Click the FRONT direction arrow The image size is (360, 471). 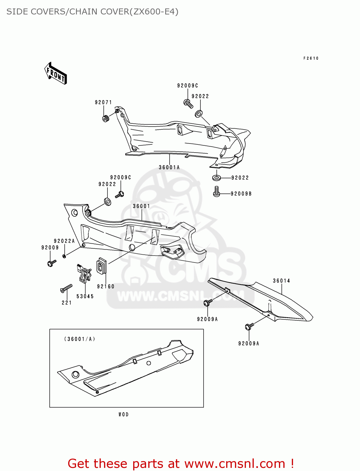(x=56, y=73)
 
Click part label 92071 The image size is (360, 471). (x=103, y=102)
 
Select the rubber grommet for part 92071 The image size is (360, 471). (x=106, y=119)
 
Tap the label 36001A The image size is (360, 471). (x=169, y=167)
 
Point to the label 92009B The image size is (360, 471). (x=241, y=194)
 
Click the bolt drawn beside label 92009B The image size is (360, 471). (x=216, y=192)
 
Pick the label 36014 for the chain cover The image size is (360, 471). (x=281, y=281)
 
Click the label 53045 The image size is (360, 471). (x=85, y=296)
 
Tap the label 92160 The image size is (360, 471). (x=106, y=286)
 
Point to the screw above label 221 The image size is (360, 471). (x=66, y=288)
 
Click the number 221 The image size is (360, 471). (x=67, y=303)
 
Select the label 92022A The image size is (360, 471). (x=64, y=241)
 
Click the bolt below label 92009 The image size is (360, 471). (x=52, y=263)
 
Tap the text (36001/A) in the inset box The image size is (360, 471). (x=80, y=339)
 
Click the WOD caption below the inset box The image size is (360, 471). (x=124, y=414)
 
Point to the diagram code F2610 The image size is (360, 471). (x=311, y=58)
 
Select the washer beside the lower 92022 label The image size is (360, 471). (x=216, y=178)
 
